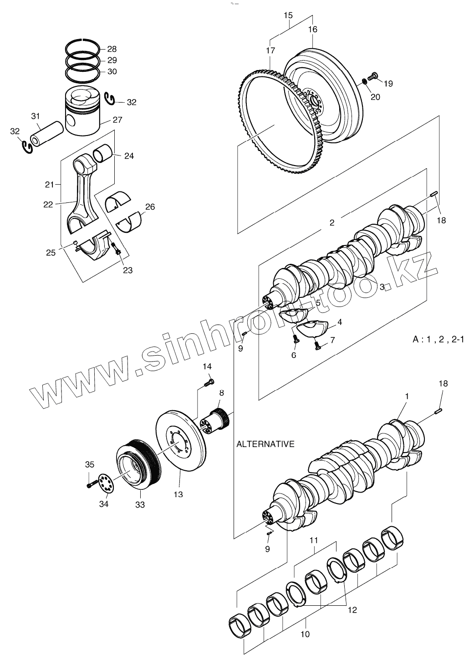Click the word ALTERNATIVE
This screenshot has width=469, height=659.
pyautogui.click(x=265, y=444)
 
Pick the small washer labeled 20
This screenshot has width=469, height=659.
pyautogui.click(x=365, y=81)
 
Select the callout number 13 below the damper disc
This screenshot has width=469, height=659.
pyautogui.click(x=178, y=494)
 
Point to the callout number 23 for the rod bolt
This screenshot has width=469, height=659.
pyautogui.click(x=127, y=270)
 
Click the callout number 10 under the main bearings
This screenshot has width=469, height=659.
pyautogui.click(x=305, y=634)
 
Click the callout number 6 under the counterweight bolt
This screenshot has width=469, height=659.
pyautogui.click(x=293, y=355)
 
